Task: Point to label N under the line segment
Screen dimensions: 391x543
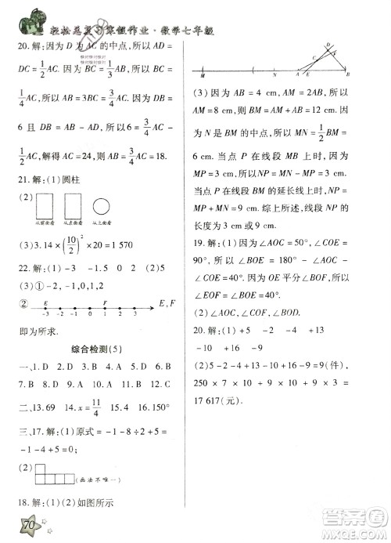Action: [275, 76]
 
